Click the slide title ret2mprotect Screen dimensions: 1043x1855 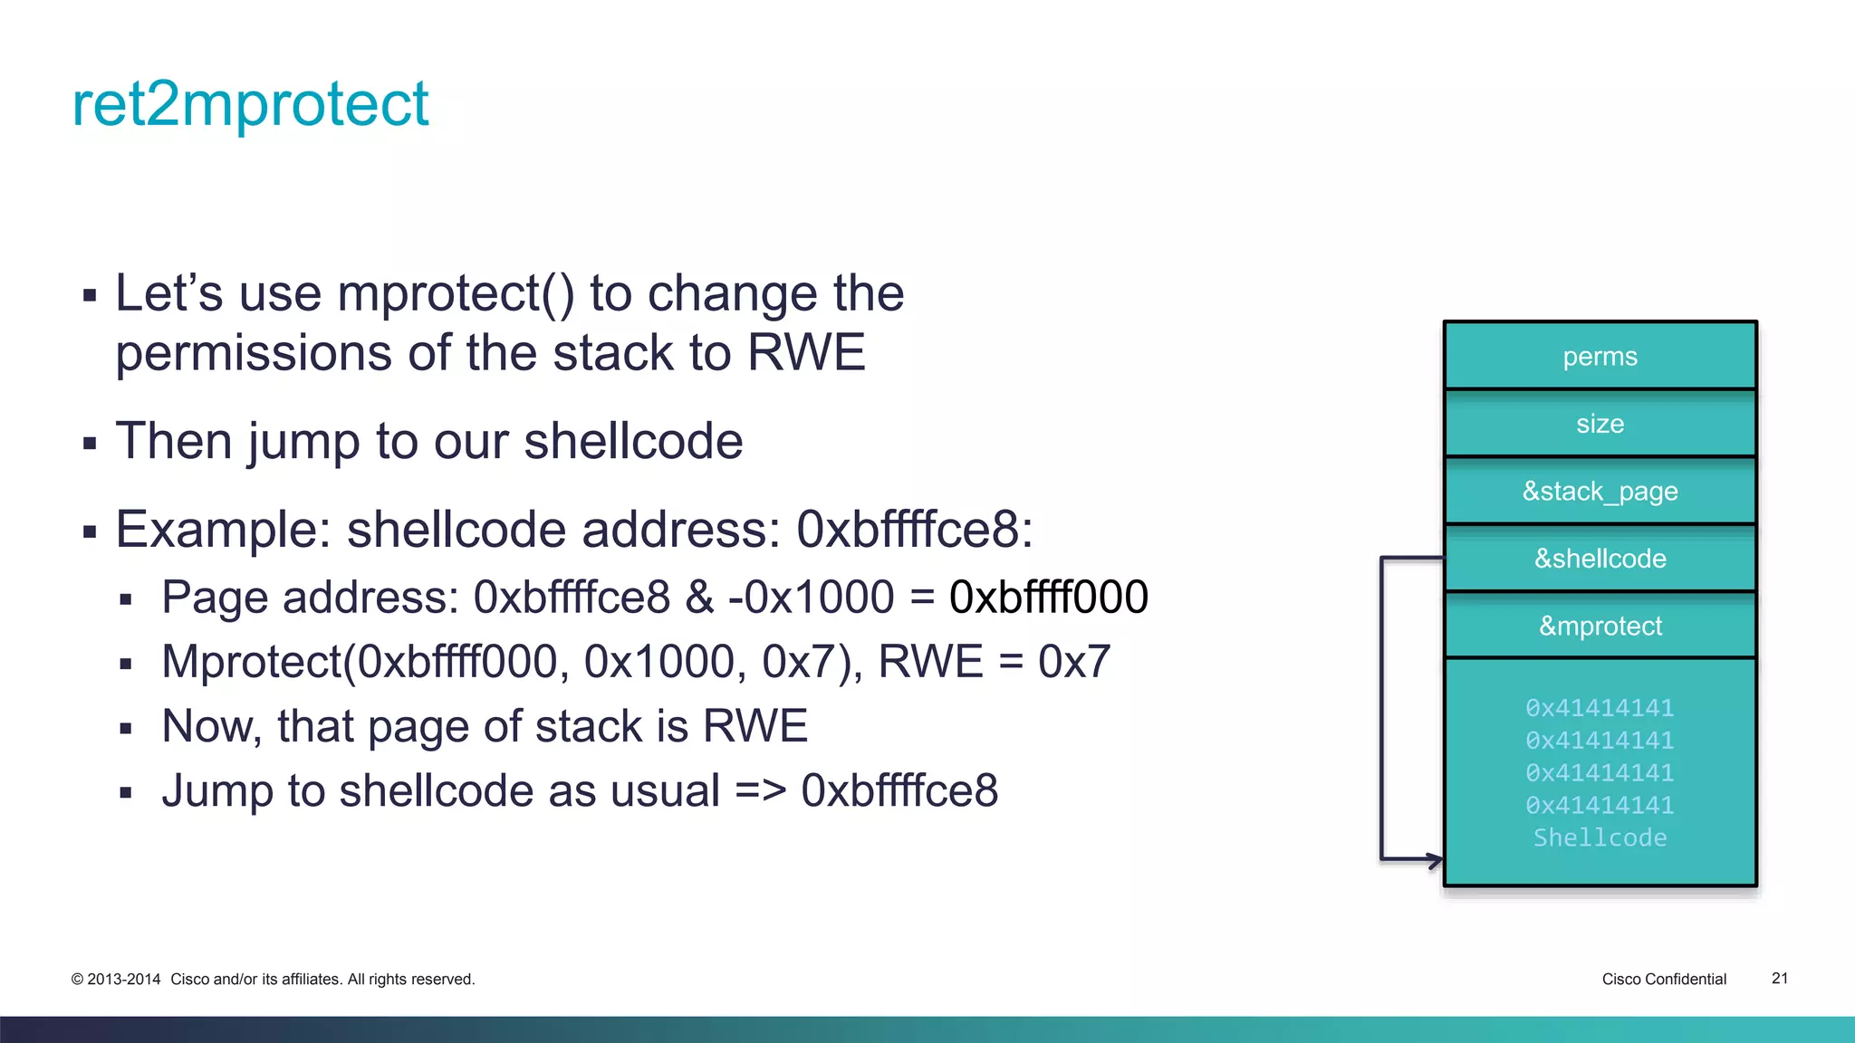[x=250, y=104]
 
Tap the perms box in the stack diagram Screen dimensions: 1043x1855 [x=1600, y=357]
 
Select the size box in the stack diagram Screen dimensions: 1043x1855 [x=1600, y=424]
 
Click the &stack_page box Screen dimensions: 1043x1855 [x=1600, y=492]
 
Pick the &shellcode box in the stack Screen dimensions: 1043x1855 [x=1600, y=559]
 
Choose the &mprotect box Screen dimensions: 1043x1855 [x=1600, y=626]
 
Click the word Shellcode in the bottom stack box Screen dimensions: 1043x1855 [x=1600, y=837]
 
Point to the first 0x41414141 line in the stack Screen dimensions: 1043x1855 [x=1600, y=708]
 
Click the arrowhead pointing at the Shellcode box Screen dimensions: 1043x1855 [x=1435, y=859]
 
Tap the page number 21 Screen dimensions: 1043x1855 [x=1779, y=978]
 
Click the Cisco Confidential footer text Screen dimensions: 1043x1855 [x=1663, y=979]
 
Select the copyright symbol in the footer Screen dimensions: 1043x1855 [x=77, y=980]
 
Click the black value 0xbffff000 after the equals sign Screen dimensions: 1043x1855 [x=1048, y=598]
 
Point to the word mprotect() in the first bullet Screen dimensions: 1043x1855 [x=456, y=293]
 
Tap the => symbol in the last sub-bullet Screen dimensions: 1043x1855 [x=760, y=790]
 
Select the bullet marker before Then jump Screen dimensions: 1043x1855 [x=89, y=444]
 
